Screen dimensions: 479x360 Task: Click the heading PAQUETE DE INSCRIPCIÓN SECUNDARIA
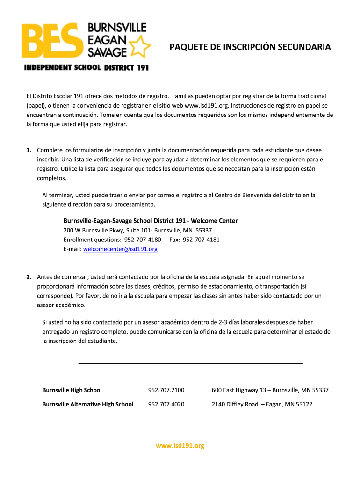click(250, 47)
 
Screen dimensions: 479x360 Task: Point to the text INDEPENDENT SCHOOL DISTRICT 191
click(86, 68)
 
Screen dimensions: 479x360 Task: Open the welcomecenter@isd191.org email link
click(120, 249)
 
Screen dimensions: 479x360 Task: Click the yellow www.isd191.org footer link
click(180, 446)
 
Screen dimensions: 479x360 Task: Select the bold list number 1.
click(29, 150)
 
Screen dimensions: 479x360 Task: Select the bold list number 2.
click(29, 277)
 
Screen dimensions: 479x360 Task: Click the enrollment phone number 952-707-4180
click(143, 239)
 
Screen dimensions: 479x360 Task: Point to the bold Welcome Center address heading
click(151, 221)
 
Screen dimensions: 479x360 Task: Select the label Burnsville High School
click(72, 390)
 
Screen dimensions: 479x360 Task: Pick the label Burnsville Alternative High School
click(88, 404)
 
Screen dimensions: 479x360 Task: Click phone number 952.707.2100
click(166, 390)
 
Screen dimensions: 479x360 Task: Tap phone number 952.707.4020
click(166, 404)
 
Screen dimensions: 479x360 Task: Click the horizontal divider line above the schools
click(190, 363)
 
